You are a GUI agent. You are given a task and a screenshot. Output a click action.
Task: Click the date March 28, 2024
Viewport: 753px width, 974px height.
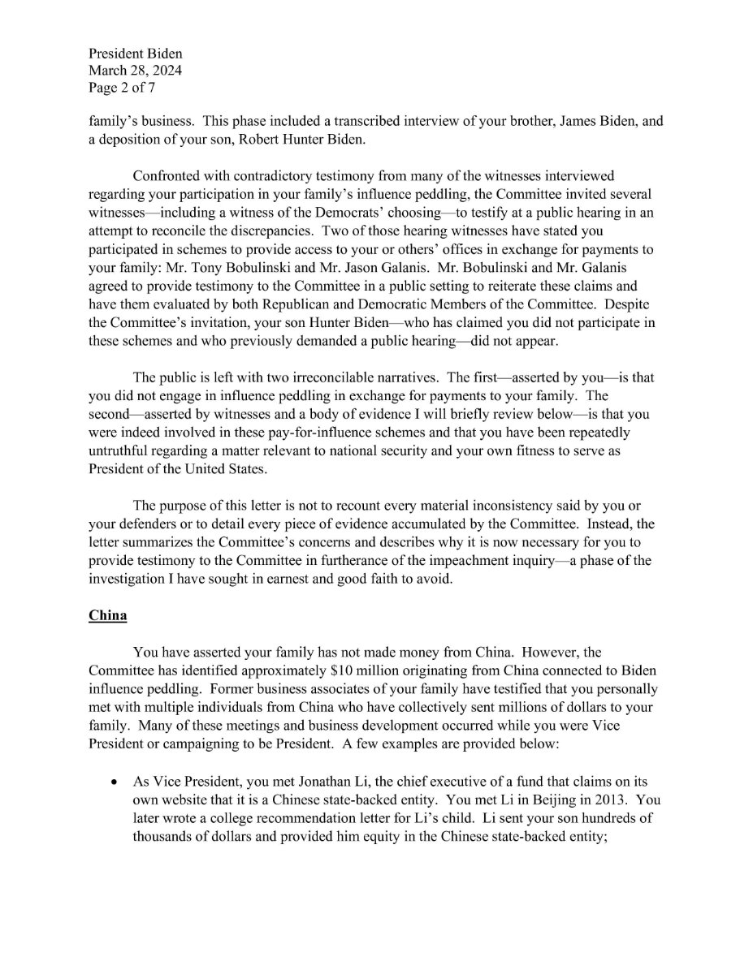coord(136,71)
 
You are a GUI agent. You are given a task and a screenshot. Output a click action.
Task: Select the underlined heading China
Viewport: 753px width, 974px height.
coord(107,615)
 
